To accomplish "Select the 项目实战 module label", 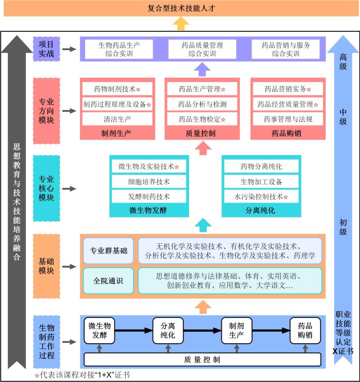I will [x=46, y=49].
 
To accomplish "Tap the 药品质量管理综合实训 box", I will [x=202, y=49].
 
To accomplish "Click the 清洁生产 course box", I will [x=117, y=119].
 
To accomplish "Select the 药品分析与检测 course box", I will [x=202, y=104].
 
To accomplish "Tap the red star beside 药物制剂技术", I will [x=138, y=90].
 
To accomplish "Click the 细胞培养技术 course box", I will [x=148, y=182].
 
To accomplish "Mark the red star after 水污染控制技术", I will [x=285, y=197].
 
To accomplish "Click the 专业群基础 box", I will [x=108, y=251].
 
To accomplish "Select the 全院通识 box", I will [x=108, y=281].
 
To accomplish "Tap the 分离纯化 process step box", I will [x=168, y=330].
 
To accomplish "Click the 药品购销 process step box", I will [x=305, y=330].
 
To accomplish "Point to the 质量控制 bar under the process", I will [x=202, y=359].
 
